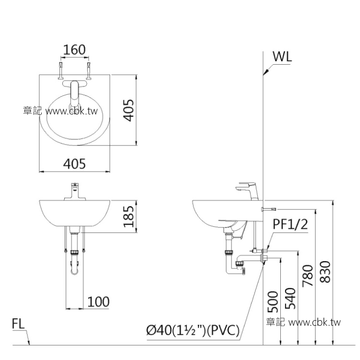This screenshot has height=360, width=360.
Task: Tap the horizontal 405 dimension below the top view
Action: pos(75,164)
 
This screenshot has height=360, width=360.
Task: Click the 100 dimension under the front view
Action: pos(98,301)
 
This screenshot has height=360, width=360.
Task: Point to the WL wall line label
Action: pos(282,57)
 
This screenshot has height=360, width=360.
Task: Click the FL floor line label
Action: pos(18,324)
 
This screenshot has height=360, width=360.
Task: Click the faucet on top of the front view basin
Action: pos(75,191)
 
